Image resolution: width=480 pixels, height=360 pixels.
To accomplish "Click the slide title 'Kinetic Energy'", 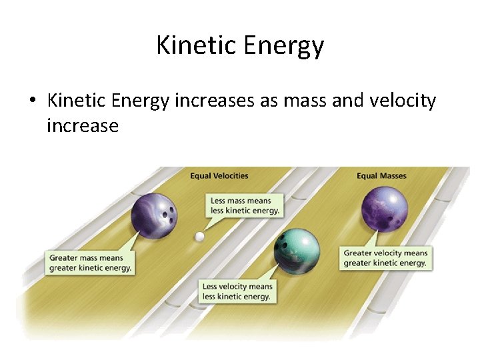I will pyautogui.click(x=240, y=45).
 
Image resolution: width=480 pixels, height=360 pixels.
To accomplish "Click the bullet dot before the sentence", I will pyautogui.click(x=31, y=102).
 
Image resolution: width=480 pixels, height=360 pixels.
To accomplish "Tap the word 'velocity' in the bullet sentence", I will pyautogui.click(x=398, y=101).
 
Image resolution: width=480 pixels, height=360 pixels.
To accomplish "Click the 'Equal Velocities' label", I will pyautogui.click(x=219, y=176).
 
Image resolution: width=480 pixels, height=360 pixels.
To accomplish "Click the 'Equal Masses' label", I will pyautogui.click(x=381, y=176).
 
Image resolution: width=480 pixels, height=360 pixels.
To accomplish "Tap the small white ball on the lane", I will pyautogui.click(x=199, y=236).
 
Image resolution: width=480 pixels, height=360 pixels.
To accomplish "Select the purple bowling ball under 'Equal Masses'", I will pyautogui.click(x=384, y=209).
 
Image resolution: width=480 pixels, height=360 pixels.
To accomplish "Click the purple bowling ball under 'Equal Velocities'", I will pyautogui.click(x=154, y=215).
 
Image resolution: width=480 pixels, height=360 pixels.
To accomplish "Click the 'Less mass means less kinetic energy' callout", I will pyautogui.click(x=245, y=205).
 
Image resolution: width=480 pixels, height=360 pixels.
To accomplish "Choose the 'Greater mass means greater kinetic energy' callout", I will pyautogui.click(x=90, y=263).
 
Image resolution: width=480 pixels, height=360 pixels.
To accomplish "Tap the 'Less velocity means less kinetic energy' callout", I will pyautogui.click(x=237, y=291).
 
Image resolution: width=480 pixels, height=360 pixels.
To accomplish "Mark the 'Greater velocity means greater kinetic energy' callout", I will pyautogui.click(x=385, y=257).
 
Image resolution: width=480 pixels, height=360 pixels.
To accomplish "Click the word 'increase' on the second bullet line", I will pyautogui.click(x=83, y=125).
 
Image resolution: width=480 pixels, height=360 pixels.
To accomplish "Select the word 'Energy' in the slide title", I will pyautogui.click(x=284, y=45).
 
